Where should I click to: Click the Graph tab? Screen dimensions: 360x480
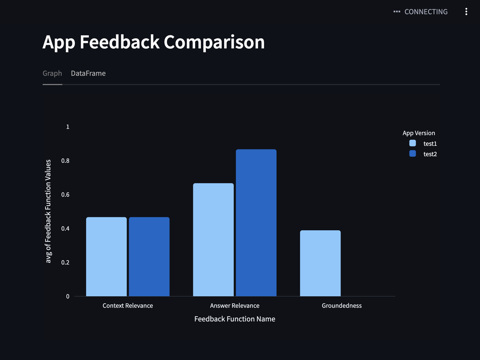(x=52, y=73)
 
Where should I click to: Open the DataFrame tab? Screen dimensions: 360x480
(x=88, y=73)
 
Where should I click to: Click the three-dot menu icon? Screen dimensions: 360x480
(x=466, y=11)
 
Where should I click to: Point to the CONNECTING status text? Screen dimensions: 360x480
(x=426, y=12)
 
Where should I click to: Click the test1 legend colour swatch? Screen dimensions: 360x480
(x=412, y=143)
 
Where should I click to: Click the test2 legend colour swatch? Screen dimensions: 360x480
(x=412, y=153)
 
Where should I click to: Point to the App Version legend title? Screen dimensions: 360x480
(x=418, y=133)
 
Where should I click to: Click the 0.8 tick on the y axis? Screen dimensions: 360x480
(x=65, y=161)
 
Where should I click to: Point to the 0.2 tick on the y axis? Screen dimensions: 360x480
(x=65, y=263)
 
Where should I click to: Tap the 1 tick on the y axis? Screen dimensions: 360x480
(x=68, y=127)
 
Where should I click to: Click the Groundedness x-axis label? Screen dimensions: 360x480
(x=341, y=306)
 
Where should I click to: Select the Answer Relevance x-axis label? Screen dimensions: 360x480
(x=235, y=306)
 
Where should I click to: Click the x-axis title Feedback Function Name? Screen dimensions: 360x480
(x=235, y=319)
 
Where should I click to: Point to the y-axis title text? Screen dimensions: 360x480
(x=48, y=211)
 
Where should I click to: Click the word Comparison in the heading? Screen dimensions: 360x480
(x=214, y=42)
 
